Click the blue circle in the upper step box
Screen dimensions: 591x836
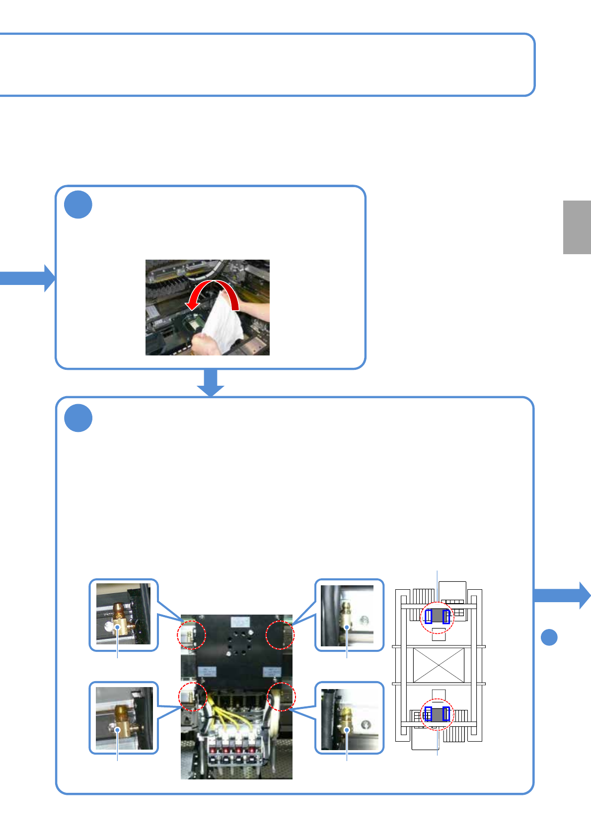tap(78, 205)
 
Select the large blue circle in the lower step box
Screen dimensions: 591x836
tap(78, 418)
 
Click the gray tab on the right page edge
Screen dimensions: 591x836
tap(577, 227)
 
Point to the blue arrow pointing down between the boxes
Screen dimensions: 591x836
tap(211, 383)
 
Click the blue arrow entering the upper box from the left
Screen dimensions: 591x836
tap(27, 278)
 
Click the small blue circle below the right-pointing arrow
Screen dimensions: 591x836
tap(549, 637)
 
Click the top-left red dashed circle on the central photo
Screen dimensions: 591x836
tap(192, 634)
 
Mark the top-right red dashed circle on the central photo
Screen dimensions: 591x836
tap(280, 634)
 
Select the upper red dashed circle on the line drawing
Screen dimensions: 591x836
tap(437, 617)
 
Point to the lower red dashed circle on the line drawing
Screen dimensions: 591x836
tap(437, 714)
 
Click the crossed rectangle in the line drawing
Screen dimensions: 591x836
tap(439, 665)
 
